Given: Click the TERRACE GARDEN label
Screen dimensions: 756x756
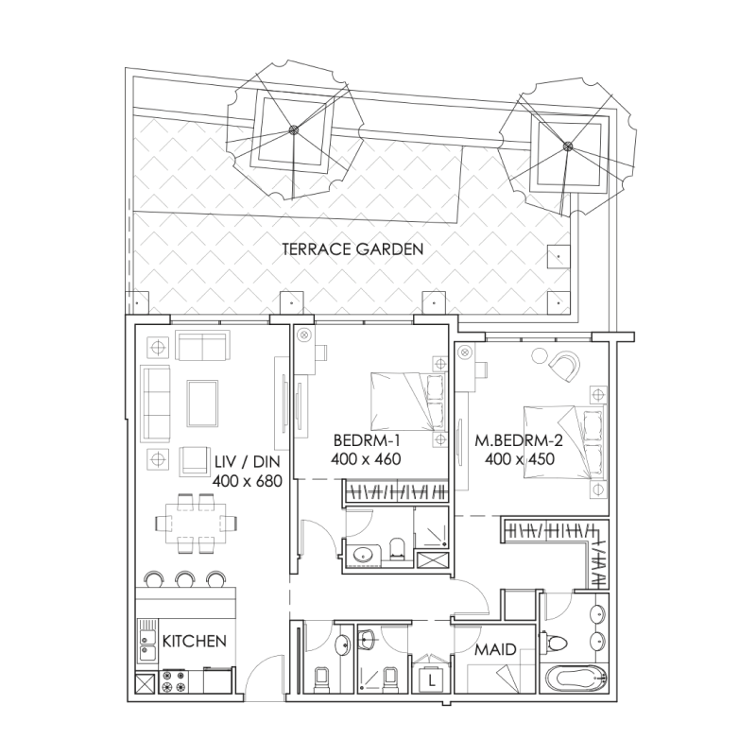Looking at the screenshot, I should pyautogui.click(x=352, y=249).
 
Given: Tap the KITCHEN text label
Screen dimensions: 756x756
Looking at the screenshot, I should pyautogui.click(x=194, y=641).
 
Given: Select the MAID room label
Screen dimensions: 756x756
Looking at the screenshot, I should pyautogui.click(x=496, y=650).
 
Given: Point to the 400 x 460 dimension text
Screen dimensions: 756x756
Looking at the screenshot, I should pyautogui.click(x=368, y=460).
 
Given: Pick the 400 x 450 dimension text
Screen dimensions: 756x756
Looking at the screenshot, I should pyautogui.click(x=518, y=458).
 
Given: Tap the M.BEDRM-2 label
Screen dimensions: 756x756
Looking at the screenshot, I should pyautogui.click(x=518, y=440).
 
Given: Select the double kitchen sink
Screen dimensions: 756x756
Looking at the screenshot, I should pyautogui.click(x=146, y=642).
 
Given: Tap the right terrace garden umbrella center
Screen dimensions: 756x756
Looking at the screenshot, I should pyautogui.click(x=568, y=146).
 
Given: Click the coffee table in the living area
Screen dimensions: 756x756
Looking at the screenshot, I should pyautogui.click(x=203, y=402).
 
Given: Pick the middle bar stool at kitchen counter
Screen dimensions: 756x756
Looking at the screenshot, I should pyautogui.click(x=183, y=577).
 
